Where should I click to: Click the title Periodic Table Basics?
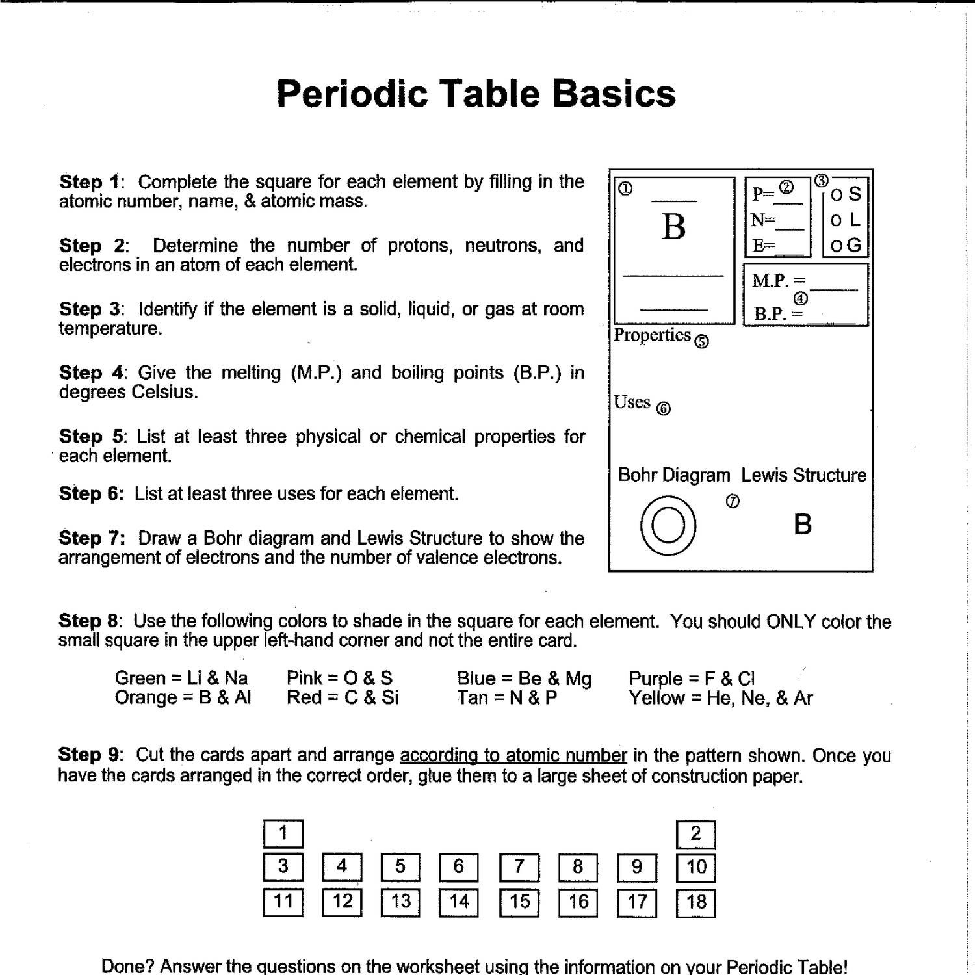[476, 93]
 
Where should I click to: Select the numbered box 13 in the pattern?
[400, 902]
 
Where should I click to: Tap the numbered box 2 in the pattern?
[695, 834]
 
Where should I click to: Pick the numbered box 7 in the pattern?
[519, 867]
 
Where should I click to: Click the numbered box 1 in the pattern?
[283, 833]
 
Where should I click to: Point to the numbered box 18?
[695, 902]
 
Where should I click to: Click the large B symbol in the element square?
[674, 227]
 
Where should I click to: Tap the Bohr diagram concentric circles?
[668, 525]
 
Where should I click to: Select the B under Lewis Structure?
[803, 524]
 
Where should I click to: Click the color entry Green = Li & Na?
[181, 679]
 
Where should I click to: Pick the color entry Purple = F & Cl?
[692, 679]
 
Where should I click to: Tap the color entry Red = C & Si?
[343, 697]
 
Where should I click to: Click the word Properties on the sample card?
[652, 335]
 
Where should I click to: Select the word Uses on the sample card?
[632, 402]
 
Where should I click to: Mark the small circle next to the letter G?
[836, 246]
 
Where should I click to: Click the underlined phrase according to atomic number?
[513, 755]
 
